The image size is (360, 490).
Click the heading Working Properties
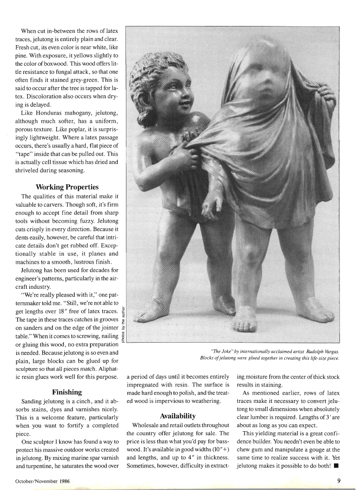coord(67,187)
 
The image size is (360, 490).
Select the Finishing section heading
coord(67,392)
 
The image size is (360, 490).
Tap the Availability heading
coord(177,416)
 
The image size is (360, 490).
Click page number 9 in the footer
coord(339,480)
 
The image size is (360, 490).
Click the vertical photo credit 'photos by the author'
coord(123,324)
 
